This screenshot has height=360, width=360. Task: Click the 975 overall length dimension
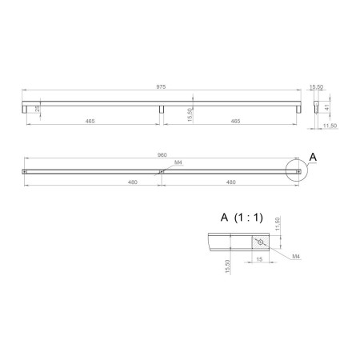click(161, 86)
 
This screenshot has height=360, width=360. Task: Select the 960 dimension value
click(162, 155)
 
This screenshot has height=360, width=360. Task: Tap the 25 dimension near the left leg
click(38, 108)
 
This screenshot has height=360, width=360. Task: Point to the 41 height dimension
click(327, 107)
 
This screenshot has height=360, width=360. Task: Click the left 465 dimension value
click(90, 121)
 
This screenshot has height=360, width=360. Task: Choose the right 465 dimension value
click(235, 121)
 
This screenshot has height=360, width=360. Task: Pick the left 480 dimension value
click(133, 182)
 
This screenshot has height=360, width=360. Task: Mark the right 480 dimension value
click(230, 182)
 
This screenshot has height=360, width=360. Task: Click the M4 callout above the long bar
click(178, 162)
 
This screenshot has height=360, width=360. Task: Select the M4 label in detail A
click(296, 256)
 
